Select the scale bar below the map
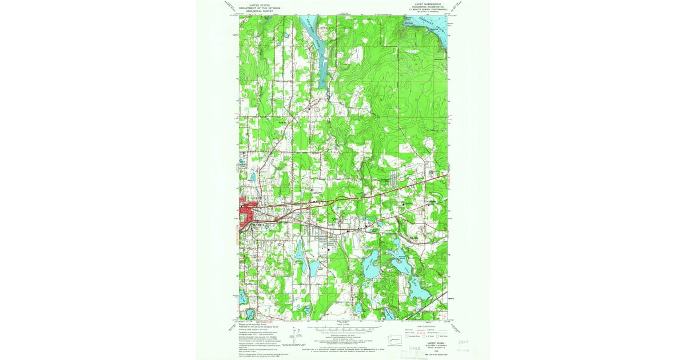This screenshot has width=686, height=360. (x=342, y=330)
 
